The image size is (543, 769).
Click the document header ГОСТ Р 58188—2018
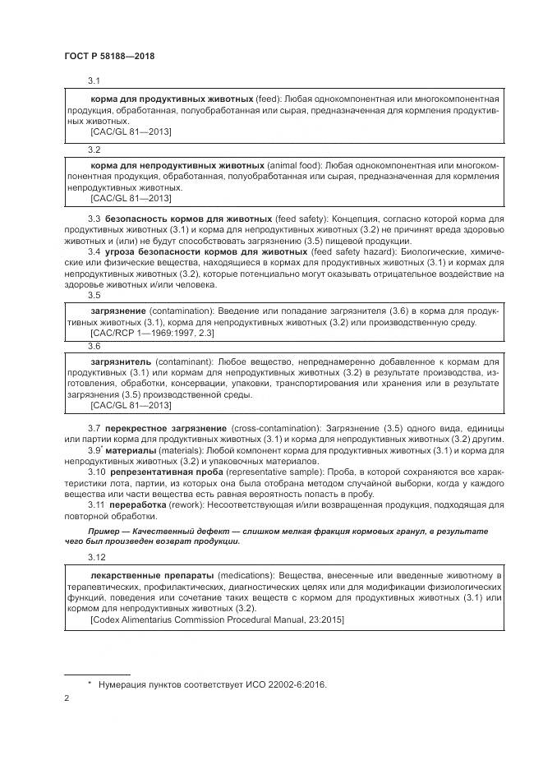pos(109,56)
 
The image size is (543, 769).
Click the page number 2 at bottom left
pos(66,698)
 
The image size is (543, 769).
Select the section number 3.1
pos(94,81)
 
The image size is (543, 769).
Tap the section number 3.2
pos(94,150)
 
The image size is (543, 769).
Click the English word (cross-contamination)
pos(272,428)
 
